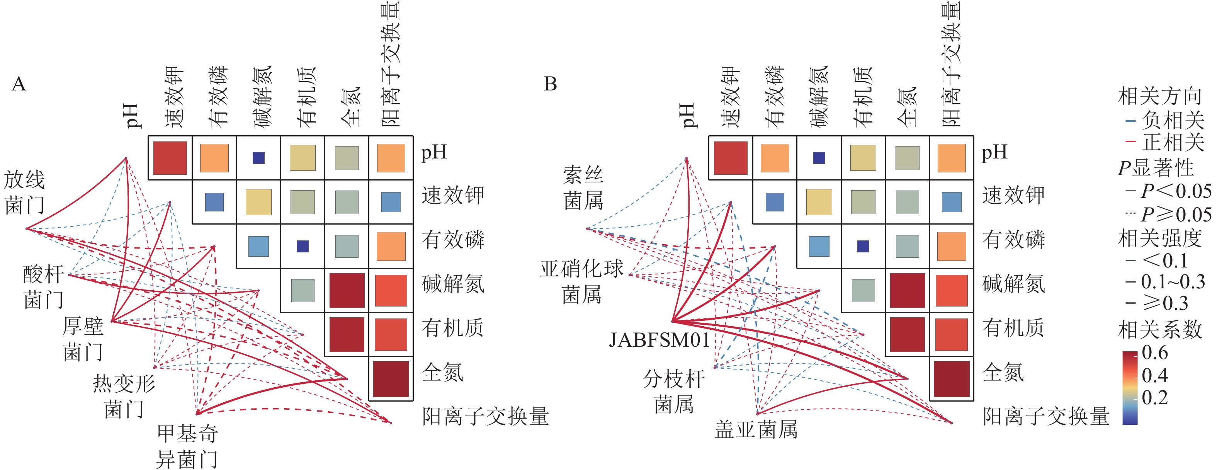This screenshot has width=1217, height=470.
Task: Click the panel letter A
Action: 19,84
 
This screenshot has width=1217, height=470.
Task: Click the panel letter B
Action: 551,84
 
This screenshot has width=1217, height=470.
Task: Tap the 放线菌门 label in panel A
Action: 25,192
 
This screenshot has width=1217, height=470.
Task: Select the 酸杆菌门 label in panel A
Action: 43,286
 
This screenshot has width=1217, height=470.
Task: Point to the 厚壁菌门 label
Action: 83,339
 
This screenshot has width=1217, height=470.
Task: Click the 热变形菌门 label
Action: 124,396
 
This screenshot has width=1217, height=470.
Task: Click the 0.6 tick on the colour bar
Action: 1155,353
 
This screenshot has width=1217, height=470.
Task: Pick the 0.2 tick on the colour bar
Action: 1155,398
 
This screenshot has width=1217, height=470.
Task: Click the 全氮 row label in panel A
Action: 443,372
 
